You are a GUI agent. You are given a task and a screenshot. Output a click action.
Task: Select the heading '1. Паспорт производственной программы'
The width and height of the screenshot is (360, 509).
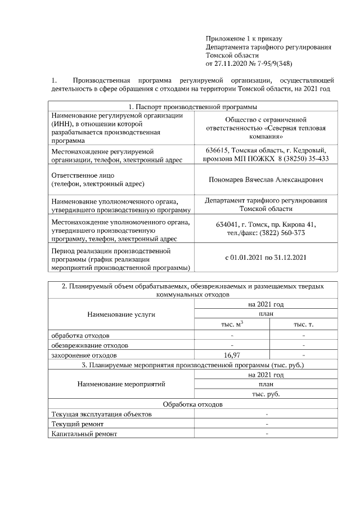coord(193,107)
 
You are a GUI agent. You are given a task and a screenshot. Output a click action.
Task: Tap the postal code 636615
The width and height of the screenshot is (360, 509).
coord(217,151)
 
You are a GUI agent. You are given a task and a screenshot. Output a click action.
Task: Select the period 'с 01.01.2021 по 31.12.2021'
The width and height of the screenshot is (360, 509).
coord(266,258)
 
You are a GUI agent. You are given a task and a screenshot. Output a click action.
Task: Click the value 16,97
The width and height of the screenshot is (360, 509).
coord(232,355)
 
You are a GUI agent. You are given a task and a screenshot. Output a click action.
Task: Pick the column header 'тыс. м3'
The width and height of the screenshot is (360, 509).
coord(232,325)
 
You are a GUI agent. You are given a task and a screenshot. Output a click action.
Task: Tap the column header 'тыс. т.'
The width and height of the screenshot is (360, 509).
coord(304,325)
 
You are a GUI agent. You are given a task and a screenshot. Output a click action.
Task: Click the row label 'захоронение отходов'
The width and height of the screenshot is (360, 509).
coord(84,355)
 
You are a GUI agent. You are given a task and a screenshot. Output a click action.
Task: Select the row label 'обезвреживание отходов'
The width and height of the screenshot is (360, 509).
coord(89,345)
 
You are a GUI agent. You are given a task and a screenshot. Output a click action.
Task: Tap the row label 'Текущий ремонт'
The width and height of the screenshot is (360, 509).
coord(77,424)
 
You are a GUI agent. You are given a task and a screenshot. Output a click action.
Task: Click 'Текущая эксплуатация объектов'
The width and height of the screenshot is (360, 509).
coord(101,414)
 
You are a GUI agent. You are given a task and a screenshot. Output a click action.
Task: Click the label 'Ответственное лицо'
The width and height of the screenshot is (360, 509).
coord(83,175)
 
